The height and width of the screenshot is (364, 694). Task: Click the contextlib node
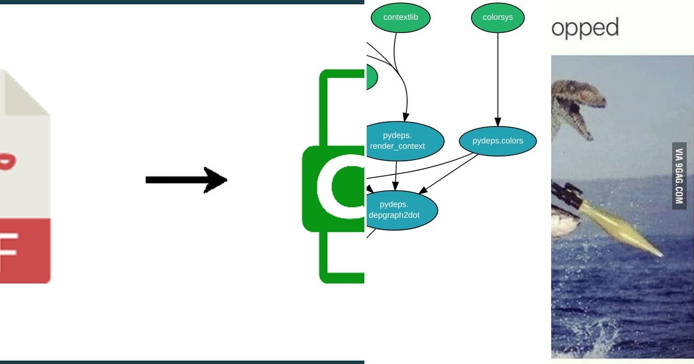(400, 17)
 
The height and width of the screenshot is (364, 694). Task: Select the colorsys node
(497, 17)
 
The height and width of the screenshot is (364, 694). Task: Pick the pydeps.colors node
(497, 141)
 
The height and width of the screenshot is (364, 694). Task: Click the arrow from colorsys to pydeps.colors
(497, 81)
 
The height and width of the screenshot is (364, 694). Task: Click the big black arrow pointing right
(186, 180)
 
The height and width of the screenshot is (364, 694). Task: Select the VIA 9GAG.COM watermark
(679, 176)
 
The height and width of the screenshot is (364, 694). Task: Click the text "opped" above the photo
(585, 28)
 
